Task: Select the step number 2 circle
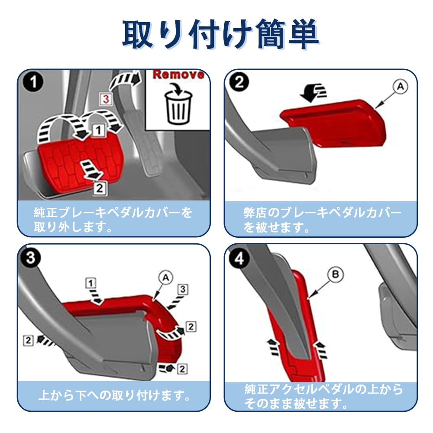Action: (239, 83)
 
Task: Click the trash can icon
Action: (178, 105)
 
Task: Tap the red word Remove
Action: (178, 74)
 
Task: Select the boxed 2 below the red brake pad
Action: (100, 187)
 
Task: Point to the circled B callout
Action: (336, 275)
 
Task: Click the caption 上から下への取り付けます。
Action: (115, 395)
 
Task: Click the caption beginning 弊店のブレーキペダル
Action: (323, 220)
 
